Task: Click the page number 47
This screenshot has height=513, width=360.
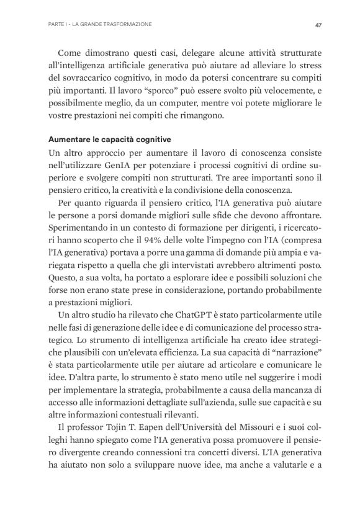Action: (x=317, y=25)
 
